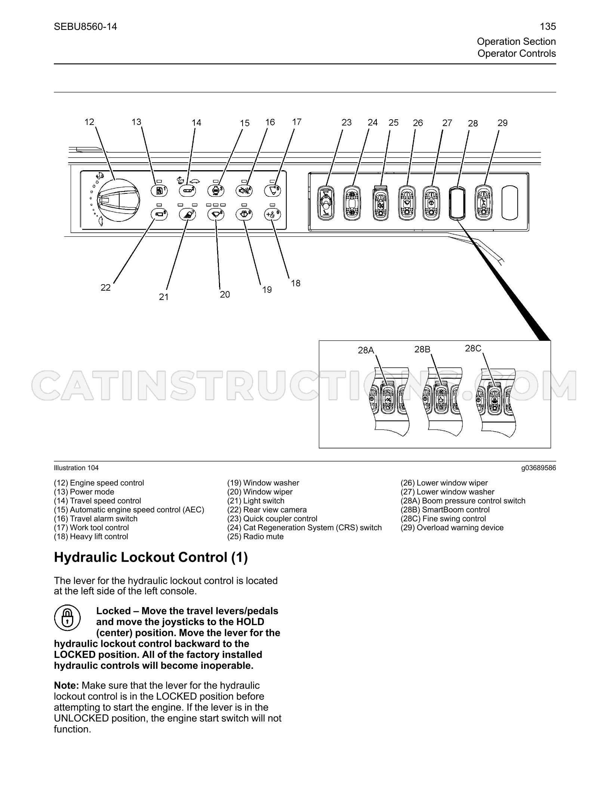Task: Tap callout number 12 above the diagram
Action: pyautogui.click(x=89, y=122)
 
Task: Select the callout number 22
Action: pyautogui.click(x=106, y=287)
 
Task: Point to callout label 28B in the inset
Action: pyautogui.click(x=422, y=349)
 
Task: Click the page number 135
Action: pyautogui.click(x=548, y=27)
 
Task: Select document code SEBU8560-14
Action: pyautogui.click(x=86, y=27)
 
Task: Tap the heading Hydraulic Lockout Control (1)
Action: pyautogui.click(x=151, y=557)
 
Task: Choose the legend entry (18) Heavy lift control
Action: pyautogui.click(x=91, y=536)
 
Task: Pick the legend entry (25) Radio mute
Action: pyautogui.click(x=255, y=536)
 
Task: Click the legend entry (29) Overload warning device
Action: pyautogui.click(x=452, y=527)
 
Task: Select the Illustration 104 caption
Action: pyautogui.click(x=76, y=468)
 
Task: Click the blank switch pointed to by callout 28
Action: pyautogui.click(x=458, y=202)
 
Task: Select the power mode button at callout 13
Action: pyautogui.click(x=159, y=190)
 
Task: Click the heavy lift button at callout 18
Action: pyautogui.click(x=272, y=214)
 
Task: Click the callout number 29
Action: pyautogui.click(x=502, y=123)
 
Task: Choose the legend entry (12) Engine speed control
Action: pyautogui.click(x=99, y=483)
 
